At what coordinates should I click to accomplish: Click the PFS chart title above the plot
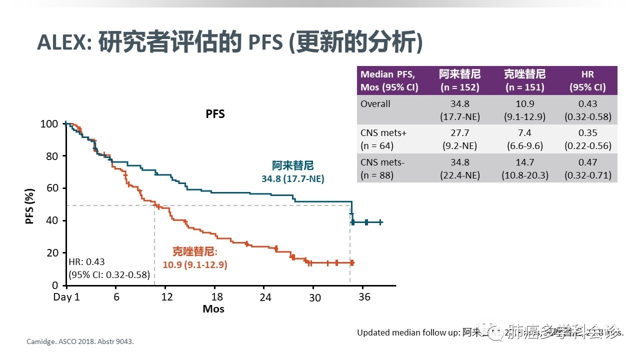pyautogui.click(x=215, y=114)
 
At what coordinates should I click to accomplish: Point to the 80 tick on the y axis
pyautogui.click(x=49, y=156)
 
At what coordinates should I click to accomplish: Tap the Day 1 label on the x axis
pyautogui.click(x=66, y=297)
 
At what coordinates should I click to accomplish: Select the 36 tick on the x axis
pyautogui.click(x=364, y=297)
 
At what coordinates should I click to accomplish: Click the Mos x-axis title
pyautogui.click(x=213, y=309)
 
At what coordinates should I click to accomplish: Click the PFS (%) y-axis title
pyautogui.click(x=30, y=205)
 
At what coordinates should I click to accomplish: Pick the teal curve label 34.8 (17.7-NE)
pyautogui.click(x=293, y=178)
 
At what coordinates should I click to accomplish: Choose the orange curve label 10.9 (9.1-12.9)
pyautogui.click(x=195, y=265)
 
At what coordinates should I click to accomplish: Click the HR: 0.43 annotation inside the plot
pyautogui.click(x=86, y=262)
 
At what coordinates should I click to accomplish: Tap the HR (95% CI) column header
pyautogui.click(x=587, y=80)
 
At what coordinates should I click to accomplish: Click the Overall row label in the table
pyautogui.click(x=375, y=104)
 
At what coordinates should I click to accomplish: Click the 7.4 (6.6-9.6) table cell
pyautogui.click(x=524, y=139)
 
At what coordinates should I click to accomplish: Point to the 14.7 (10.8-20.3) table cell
pyautogui.click(x=524, y=168)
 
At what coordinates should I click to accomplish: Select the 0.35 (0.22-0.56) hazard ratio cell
pyautogui.click(x=587, y=139)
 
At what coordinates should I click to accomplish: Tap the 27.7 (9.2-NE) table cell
pyautogui.click(x=459, y=139)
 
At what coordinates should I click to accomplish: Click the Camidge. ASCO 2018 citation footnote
pyautogui.click(x=80, y=342)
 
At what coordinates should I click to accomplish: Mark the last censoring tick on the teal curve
pyautogui.click(x=380, y=222)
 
